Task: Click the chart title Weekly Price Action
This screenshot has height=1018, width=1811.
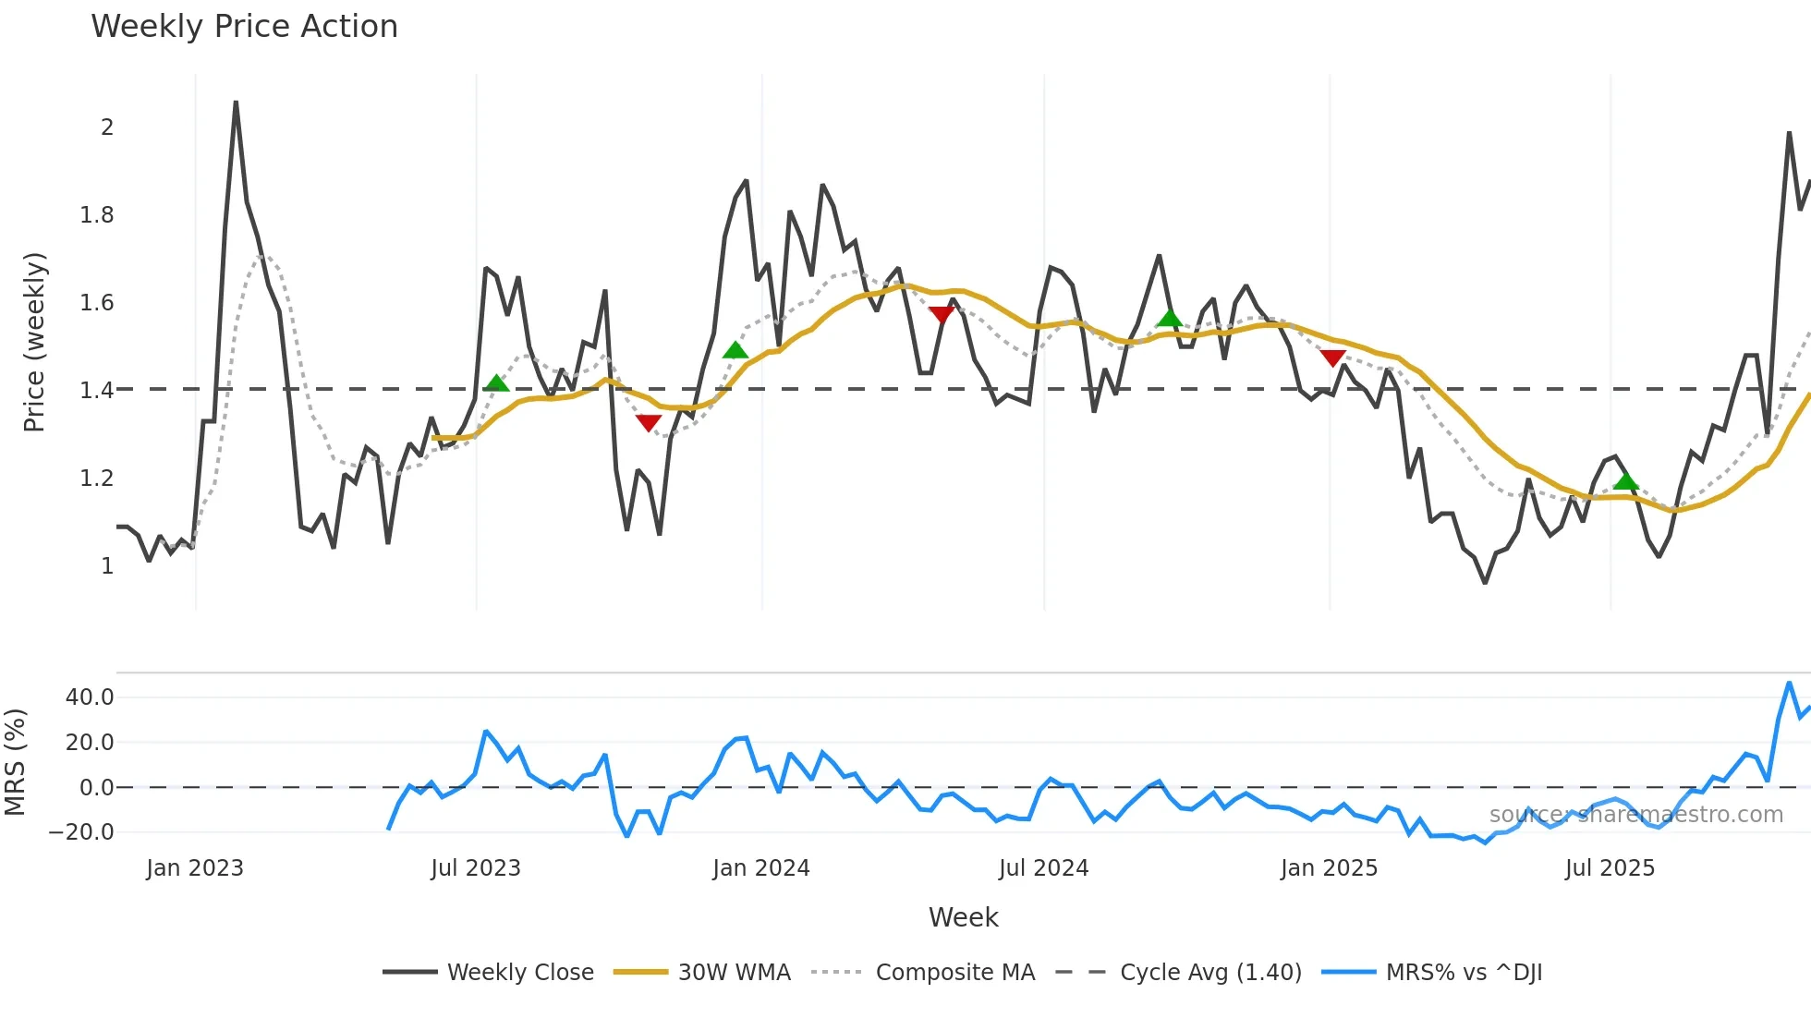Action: point(244,27)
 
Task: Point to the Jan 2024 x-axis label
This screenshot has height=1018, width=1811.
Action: point(761,868)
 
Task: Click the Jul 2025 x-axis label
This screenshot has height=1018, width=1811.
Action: point(1610,868)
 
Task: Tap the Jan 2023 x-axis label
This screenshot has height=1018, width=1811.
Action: point(195,868)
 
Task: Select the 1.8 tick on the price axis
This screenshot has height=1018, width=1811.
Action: point(97,215)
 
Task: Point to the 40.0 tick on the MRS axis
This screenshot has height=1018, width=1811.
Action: point(90,697)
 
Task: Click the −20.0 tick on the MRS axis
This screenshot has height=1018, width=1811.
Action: point(81,832)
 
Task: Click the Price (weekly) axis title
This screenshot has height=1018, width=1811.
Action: point(34,342)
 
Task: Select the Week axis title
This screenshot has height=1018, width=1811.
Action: point(963,917)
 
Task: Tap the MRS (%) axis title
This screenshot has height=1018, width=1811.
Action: point(15,762)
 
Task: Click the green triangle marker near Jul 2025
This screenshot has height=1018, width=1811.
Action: point(1626,481)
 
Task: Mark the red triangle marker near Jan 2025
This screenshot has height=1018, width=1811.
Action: point(1332,358)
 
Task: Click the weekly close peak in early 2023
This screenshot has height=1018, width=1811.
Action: point(236,103)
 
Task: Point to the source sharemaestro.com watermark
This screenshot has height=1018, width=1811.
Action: point(1635,815)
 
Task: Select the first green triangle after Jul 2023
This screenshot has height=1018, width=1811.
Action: point(496,383)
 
